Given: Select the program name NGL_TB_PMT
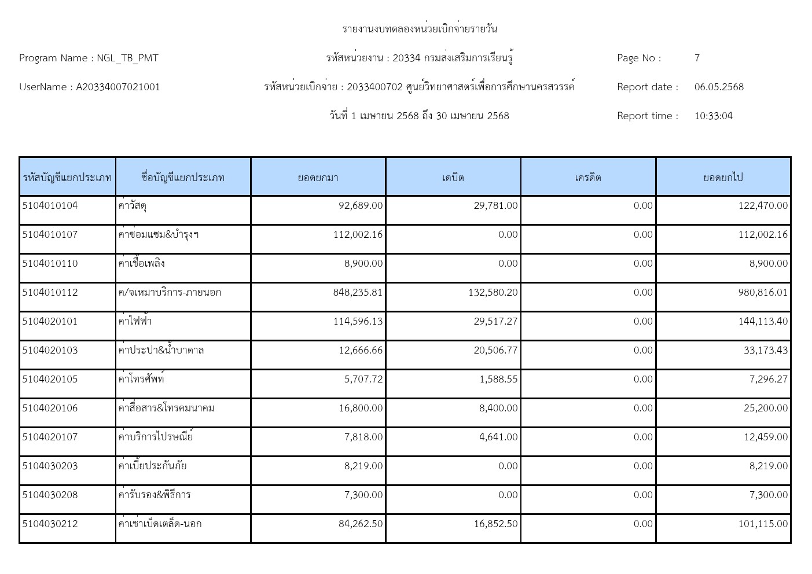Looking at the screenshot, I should click(x=127, y=58).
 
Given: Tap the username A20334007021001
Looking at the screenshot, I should click(x=118, y=87).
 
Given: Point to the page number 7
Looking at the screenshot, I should click(x=697, y=58).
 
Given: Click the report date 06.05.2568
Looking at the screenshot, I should click(x=719, y=87).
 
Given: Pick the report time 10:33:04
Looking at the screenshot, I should click(x=713, y=116).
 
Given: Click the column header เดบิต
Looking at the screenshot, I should click(x=453, y=177).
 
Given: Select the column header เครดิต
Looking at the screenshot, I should click(x=588, y=177).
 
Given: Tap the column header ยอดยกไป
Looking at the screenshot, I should click(x=723, y=177).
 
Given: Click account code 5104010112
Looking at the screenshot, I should click(x=50, y=292).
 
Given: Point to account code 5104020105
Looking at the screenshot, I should click(x=50, y=379).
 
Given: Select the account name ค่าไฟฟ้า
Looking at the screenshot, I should click(x=135, y=321).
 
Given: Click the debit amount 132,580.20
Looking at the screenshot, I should click(x=493, y=292).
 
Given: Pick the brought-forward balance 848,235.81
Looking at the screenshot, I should click(x=358, y=292).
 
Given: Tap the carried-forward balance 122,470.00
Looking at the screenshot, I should click(x=763, y=205).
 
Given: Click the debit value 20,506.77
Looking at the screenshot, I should click(x=495, y=350).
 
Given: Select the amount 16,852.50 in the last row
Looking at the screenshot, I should click(x=495, y=524).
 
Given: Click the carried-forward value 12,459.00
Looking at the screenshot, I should click(x=766, y=437).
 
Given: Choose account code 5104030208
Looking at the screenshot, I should click(x=50, y=495).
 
